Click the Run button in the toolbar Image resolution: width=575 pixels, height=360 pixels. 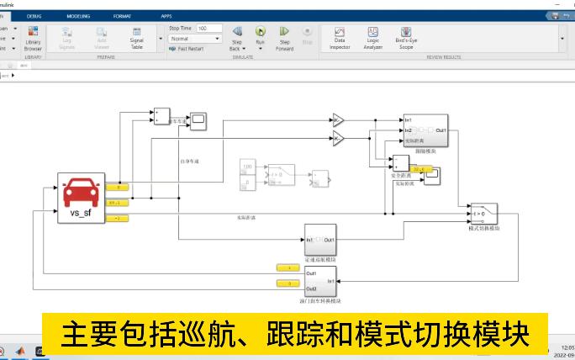(x=261, y=35)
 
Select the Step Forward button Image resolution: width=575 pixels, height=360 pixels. (x=284, y=35)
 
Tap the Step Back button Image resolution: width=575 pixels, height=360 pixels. (x=237, y=35)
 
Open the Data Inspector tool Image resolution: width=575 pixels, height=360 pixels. (x=340, y=36)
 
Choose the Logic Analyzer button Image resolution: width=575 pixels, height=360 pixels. (x=372, y=36)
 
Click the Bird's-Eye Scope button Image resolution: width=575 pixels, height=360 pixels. (x=406, y=36)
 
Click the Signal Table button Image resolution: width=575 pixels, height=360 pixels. (x=136, y=37)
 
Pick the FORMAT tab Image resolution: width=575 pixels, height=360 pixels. (x=122, y=16)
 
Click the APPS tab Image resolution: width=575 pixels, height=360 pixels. (x=166, y=16)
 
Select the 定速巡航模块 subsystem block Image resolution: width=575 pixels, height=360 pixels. (x=320, y=241)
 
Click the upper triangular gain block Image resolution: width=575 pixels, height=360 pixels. (x=338, y=119)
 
